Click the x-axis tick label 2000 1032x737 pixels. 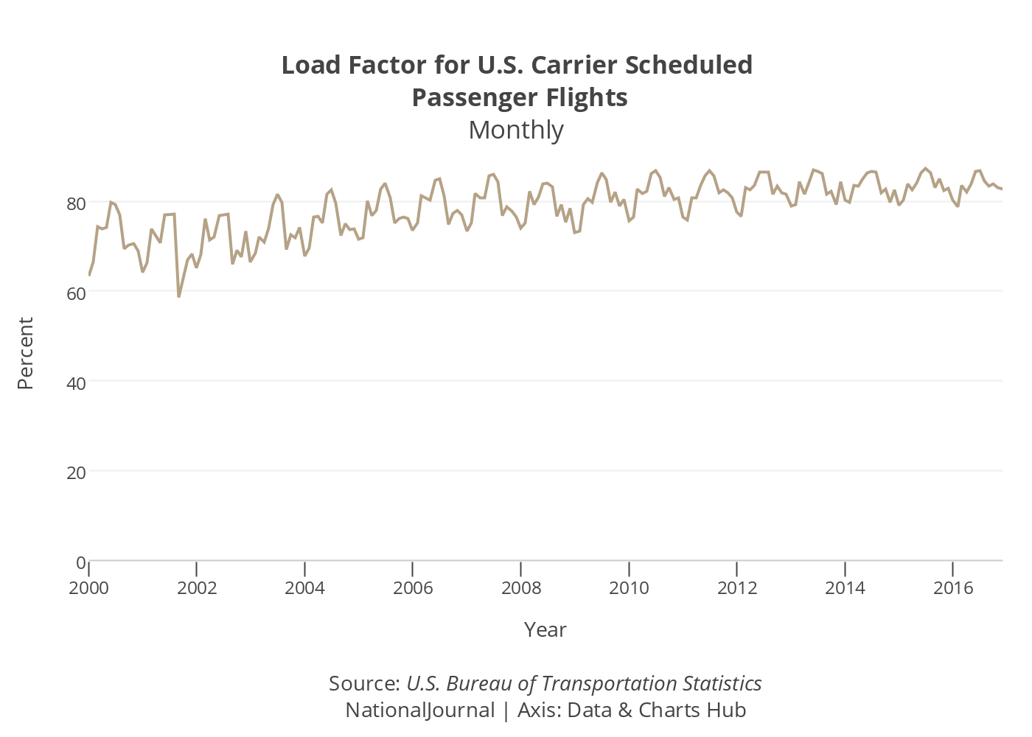point(88,588)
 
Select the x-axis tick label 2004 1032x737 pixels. point(304,588)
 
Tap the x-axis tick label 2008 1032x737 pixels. point(521,588)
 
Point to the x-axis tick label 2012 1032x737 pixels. point(737,588)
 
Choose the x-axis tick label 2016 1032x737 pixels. point(953,588)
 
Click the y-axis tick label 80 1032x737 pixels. point(76,203)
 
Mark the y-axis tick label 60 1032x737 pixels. point(76,293)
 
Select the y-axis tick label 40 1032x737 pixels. point(76,383)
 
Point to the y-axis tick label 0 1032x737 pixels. point(80,562)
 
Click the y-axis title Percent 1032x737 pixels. point(26,354)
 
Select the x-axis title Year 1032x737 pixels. point(545,630)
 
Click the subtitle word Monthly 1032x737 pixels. point(516,130)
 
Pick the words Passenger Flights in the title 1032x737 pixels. point(520,98)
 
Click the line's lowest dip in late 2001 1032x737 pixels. point(178,296)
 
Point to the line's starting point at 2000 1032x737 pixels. point(89,275)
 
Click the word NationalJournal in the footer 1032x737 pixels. point(420,710)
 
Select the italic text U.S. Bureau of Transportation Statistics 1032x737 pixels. point(584,684)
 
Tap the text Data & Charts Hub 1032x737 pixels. point(657,710)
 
